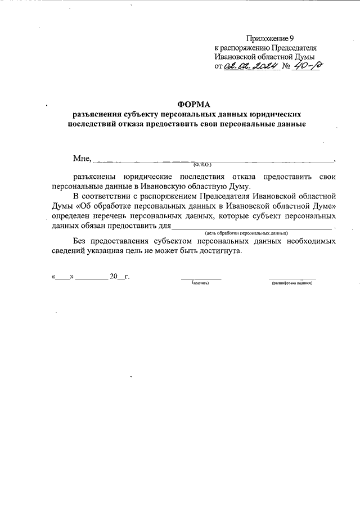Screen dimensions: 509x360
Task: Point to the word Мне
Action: [81, 159]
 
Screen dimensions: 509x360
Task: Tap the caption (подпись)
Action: [200, 283]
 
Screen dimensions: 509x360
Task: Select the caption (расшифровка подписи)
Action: [292, 283]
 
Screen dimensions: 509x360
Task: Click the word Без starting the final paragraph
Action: [73, 241]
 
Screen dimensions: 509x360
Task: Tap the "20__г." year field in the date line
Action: [119, 277]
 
